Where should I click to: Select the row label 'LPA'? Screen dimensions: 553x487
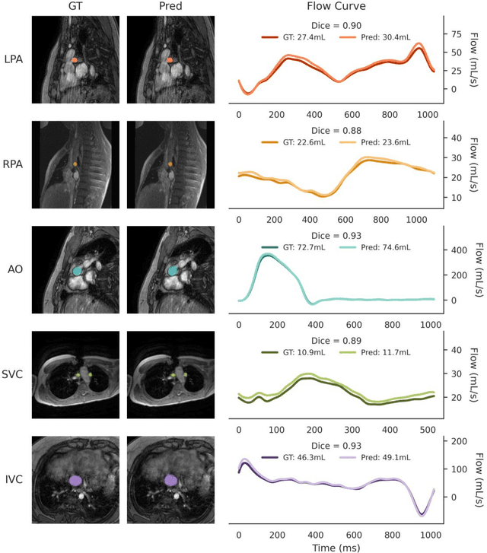pyautogui.click(x=13, y=59)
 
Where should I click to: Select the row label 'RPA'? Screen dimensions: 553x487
pyautogui.click(x=13, y=164)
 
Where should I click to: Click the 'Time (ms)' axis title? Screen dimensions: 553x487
pyautogui.click(x=336, y=545)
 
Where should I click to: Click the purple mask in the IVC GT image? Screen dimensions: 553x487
pyautogui.click(x=75, y=480)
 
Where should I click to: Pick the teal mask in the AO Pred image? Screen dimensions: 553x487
pyautogui.click(x=172, y=270)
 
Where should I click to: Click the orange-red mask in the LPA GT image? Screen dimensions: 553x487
pyautogui.click(x=75, y=59)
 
